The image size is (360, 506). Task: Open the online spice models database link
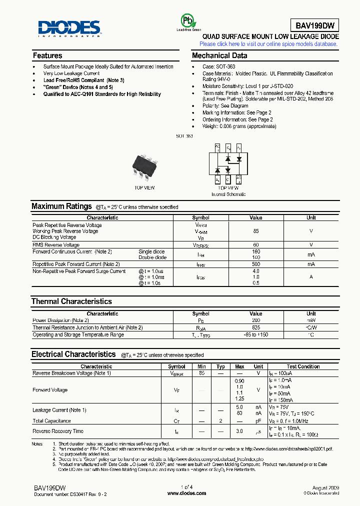(268, 44)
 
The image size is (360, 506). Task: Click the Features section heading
(47, 55)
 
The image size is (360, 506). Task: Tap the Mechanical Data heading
(219, 55)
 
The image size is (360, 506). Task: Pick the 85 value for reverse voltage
(256, 231)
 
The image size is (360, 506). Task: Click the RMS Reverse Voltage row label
(56, 245)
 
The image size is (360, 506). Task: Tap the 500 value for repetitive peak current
(256, 264)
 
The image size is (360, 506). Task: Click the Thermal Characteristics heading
(71, 301)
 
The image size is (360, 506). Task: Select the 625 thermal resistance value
(256, 327)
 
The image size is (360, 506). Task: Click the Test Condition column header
(303, 367)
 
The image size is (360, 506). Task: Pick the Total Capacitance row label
(51, 421)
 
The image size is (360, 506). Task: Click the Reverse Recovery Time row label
(58, 431)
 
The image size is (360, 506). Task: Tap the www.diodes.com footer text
(186, 493)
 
